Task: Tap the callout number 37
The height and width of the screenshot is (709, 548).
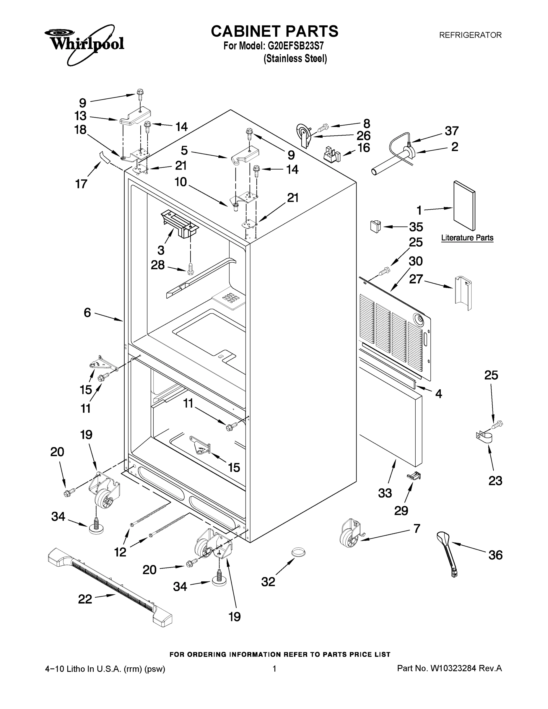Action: click(451, 131)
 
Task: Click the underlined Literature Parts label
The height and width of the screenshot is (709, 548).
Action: click(467, 238)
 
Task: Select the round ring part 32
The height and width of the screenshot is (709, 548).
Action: click(298, 551)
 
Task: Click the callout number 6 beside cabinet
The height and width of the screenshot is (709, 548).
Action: click(87, 312)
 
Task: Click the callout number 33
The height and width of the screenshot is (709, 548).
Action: click(385, 493)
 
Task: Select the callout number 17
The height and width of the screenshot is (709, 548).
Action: click(81, 184)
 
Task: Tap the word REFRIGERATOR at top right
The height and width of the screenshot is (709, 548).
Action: click(470, 35)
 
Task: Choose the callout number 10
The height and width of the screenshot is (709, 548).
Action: click(181, 182)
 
